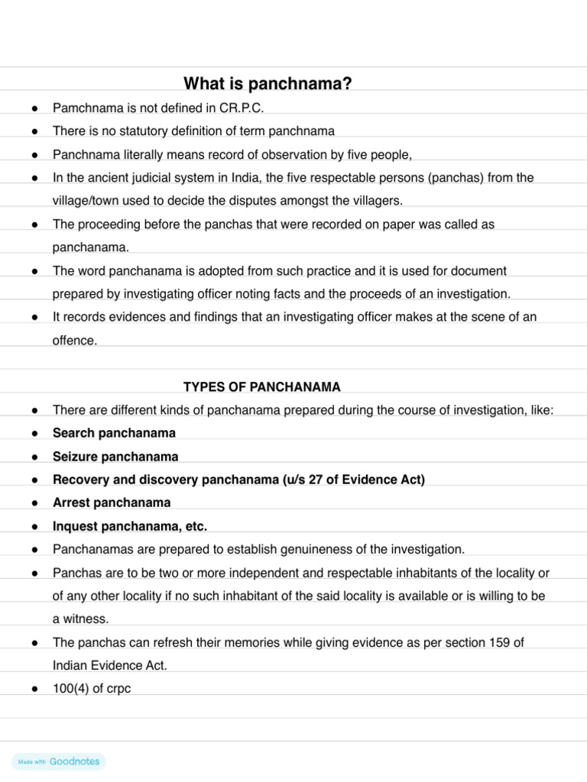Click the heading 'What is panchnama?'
point(268,84)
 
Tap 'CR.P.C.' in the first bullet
point(241,108)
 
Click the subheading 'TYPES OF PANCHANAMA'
point(262,387)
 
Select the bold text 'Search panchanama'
point(114,433)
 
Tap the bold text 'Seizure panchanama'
point(115,457)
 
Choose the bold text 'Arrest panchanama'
point(112,502)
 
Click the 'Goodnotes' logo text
point(74,761)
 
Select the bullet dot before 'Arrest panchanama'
point(35,503)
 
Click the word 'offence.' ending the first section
point(75,341)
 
